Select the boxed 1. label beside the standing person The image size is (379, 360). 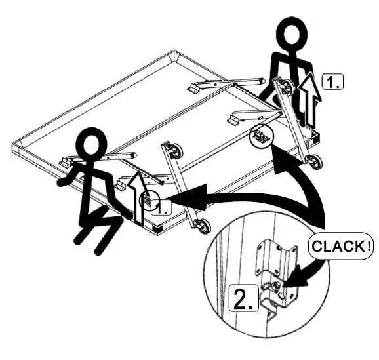click(x=333, y=81)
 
